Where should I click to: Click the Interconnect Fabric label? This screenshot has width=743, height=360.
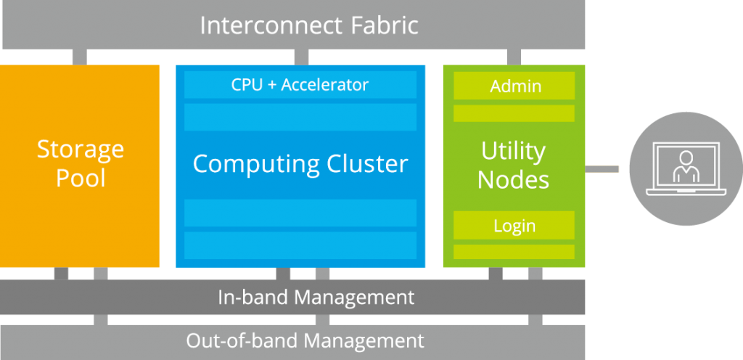point(309,25)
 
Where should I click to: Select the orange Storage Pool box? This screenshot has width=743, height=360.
point(80,165)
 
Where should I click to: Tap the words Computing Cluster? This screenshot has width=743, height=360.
point(300,163)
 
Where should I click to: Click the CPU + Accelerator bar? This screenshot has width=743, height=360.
point(300,85)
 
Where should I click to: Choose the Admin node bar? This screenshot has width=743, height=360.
point(514,86)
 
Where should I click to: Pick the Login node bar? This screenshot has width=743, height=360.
point(514,226)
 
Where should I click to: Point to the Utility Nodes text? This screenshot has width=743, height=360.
point(514,165)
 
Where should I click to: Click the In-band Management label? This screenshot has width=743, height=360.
point(316,297)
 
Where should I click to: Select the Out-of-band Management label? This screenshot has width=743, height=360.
point(305,340)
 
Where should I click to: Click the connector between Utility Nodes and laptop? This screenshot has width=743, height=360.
point(602,169)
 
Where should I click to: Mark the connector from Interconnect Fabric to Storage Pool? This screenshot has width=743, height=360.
point(79,57)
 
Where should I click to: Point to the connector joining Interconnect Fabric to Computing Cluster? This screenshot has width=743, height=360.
point(300,57)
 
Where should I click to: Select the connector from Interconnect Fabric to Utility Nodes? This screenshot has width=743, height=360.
point(514,57)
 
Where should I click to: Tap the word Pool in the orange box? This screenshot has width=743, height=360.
point(81,179)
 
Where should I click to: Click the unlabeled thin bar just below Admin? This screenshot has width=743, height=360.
point(514,113)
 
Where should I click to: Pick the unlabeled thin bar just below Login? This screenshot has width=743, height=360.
point(514,252)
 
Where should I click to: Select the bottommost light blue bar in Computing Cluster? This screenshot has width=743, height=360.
point(300,245)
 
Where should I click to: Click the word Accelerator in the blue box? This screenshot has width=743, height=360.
point(325,85)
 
